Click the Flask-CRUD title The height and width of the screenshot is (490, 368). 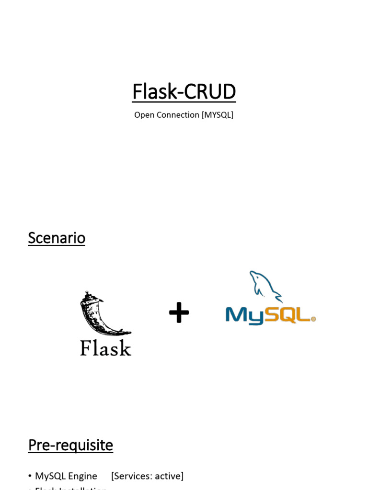point(184,91)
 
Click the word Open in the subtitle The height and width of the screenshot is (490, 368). point(143,115)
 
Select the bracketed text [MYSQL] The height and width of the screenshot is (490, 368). point(218,115)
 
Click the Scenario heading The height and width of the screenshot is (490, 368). point(57,238)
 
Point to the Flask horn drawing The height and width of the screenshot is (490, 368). point(98,313)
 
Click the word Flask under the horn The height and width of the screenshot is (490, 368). point(105,347)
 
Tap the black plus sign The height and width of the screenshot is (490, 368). point(179,313)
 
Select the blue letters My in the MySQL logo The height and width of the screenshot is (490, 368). point(244,315)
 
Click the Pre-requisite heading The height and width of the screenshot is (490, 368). point(70,445)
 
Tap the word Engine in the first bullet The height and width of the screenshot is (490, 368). point(82,476)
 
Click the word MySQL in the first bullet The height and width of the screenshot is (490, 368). point(50,476)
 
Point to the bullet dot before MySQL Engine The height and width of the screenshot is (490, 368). point(30,477)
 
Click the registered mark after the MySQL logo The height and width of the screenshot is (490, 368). point(313,319)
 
